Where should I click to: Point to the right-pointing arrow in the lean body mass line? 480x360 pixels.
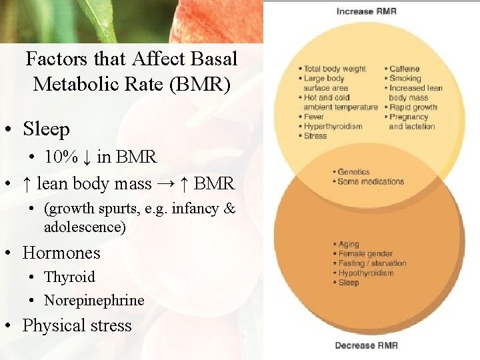tap(163, 183)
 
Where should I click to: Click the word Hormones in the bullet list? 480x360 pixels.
tap(61, 253)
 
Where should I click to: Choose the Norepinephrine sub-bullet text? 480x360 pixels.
tap(94, 301)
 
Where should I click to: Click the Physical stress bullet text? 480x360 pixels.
tap(77, 325)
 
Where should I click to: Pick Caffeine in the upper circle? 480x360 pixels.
tap(405, 69)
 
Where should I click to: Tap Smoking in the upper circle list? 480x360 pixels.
tap(405, 78)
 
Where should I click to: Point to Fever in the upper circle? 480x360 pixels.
tap(314, 117)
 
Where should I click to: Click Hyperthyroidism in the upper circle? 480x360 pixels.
tap(333, 126)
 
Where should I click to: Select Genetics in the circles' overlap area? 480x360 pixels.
tap(353, 172)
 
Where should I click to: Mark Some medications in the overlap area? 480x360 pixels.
tap(371, 181)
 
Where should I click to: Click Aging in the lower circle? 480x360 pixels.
tap(349, 244)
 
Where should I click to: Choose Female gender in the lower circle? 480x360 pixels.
tap(365, 254)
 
